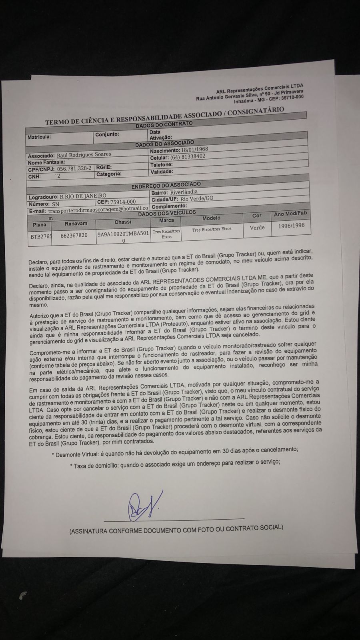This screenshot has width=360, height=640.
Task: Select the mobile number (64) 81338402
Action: tap(188, 156)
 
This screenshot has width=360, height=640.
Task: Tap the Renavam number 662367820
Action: tap(74, 235)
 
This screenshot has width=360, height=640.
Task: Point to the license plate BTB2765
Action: tap(41, 236)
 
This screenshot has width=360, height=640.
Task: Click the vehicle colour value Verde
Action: tap(257, 227)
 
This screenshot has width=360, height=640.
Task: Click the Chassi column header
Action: tap(122, 222)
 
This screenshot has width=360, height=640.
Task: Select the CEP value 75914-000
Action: tap(123, 202)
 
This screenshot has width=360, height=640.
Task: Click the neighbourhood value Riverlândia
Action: tap(184, 192)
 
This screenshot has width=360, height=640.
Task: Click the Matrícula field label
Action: tap(39, 137)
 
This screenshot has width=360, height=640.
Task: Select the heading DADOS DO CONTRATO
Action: tap(164, 124)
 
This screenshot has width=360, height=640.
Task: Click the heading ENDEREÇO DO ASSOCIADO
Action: tap(166, 185)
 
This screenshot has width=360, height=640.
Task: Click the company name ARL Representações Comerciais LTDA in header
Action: tap(260, 88)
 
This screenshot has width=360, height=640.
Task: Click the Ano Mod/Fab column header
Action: tap(290, 214)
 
